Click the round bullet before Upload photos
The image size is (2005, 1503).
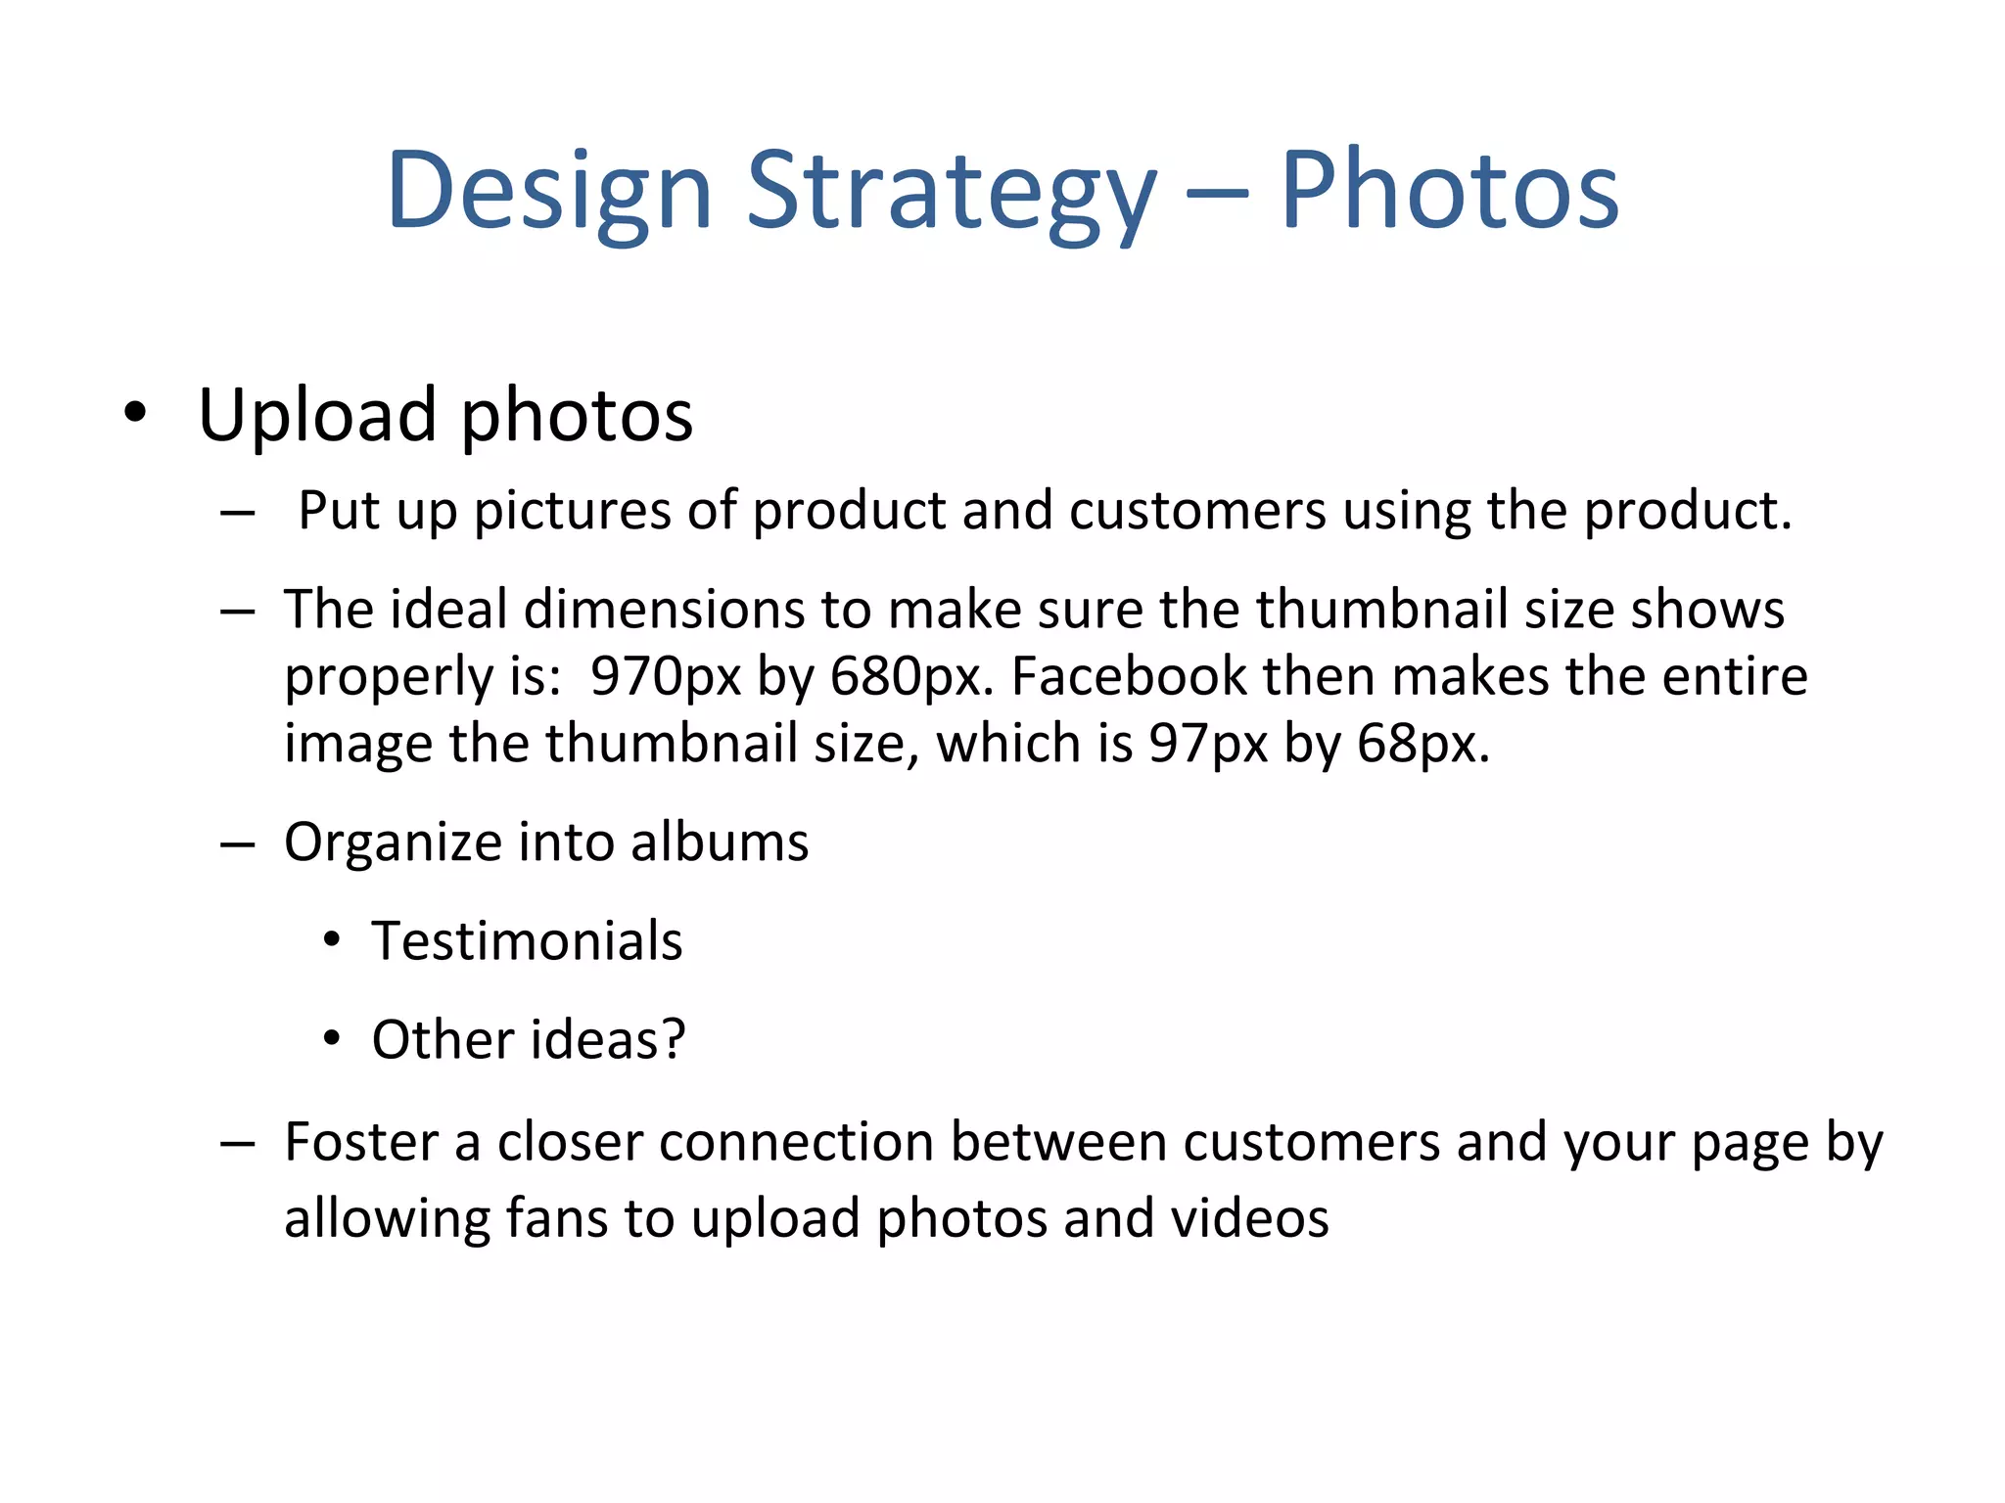135,414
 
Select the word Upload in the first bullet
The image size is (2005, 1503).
316,416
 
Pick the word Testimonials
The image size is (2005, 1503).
527,941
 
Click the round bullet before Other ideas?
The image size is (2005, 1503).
332,1038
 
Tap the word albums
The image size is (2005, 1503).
720,843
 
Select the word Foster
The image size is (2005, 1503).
361,1142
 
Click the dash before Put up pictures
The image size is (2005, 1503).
238,512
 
